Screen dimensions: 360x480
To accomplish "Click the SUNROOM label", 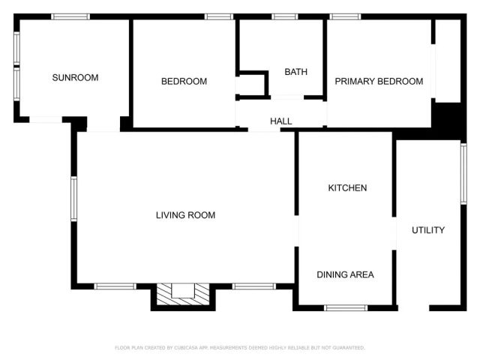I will coord(75,77).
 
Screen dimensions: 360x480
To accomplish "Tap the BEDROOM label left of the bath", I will coord(184,82).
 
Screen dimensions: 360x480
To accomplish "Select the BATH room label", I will coord(295,72).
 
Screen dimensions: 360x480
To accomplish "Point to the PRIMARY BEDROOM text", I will coord(379,82).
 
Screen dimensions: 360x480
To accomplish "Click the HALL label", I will coord(281,121).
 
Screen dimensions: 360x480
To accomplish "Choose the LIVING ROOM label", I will coord(185,215).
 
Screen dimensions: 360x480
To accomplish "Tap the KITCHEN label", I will coord(347,187).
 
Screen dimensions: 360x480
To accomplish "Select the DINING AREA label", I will coord(345,274).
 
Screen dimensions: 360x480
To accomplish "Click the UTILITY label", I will coord(428,230).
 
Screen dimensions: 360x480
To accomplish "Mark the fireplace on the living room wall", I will coord(183,293).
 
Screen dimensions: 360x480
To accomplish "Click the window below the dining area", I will coord(346,307).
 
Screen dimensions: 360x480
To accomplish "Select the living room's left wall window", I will coord(73,199).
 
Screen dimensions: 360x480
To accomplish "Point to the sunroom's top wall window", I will coord(70,16).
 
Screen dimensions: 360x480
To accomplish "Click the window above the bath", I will coord(284,16).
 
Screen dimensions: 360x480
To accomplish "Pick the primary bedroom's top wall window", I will coord(345,16).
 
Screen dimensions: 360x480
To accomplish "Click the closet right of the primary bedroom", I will coord(448,60).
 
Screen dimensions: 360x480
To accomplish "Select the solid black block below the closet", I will coord(448,118).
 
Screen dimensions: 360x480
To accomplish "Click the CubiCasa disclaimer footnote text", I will coord(239,348).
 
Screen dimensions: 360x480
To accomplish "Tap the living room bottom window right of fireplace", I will coord(253,286).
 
